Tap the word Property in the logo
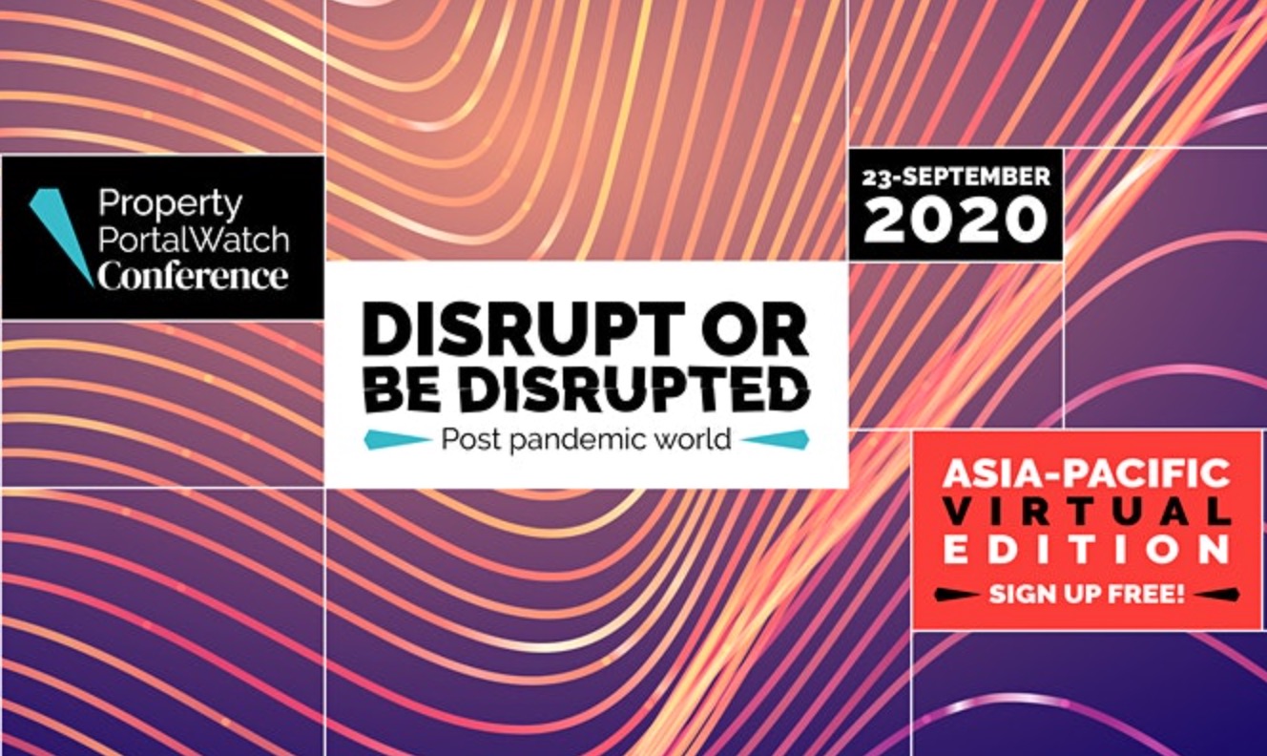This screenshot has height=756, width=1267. [x=170, y=204]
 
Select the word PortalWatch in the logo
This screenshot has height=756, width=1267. [x=194, y=240]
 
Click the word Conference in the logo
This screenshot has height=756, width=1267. [x=193, y=276]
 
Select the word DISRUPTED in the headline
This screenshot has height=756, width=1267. [x=633, y=390]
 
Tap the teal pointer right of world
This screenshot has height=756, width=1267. [x=775, y=440]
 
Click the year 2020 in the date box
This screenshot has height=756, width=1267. [x=955, y=220]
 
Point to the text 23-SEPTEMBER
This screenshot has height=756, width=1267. [x=956, y=178]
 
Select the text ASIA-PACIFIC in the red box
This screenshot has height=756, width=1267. [x=1086, y=473]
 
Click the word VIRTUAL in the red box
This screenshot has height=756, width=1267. [x=1089, y=512]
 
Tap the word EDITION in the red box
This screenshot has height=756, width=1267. [x=1087, y=550]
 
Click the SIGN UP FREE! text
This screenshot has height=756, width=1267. [x=1087, y=594]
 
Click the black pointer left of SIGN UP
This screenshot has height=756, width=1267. [x=957, y=595]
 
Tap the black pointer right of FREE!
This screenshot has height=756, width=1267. [x=1216, y=595]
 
